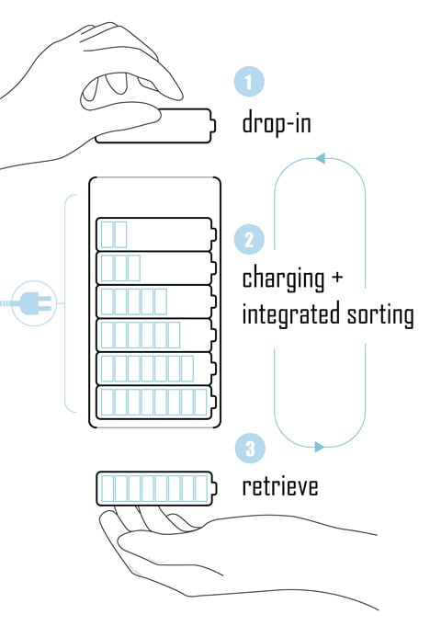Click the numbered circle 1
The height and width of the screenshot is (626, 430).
pos(249,82)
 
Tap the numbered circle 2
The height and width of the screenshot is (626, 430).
pos(249,240)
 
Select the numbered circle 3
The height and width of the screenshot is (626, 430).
pos(250,448)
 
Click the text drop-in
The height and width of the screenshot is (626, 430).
pos(277,122)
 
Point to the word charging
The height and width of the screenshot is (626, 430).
pos(283,279)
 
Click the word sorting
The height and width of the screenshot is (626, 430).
pos(380,313)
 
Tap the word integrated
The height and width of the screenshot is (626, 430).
pos(291,313)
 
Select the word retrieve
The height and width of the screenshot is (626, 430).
pos(280,486)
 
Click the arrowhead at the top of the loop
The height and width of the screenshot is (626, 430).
pos(321,158)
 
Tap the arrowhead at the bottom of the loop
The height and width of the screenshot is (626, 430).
pos(319,447)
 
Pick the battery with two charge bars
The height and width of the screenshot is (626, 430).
pos(156,234)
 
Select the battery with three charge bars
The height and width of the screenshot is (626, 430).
pos(156,267)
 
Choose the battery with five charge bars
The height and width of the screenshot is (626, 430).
pos(156,302)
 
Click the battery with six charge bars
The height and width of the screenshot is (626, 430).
pos(156,335)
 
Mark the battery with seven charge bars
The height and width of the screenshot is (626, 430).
pos(156,369)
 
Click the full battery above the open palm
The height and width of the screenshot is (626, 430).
pos(156,488)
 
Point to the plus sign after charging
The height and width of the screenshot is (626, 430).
pos(337,277)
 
